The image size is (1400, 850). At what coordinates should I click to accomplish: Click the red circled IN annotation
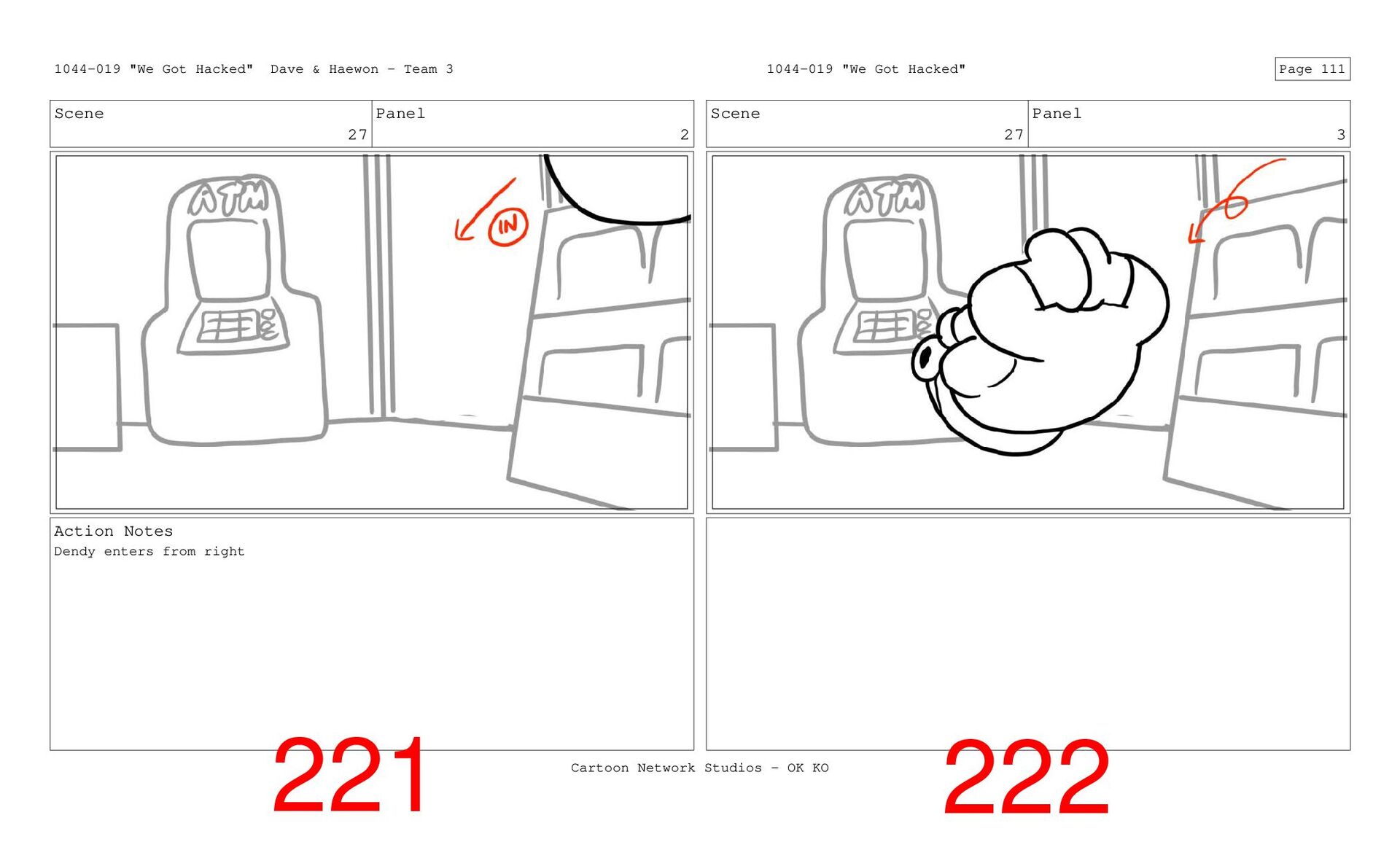(x=507, y=227)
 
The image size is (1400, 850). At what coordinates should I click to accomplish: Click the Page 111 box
(x=1312, y=69)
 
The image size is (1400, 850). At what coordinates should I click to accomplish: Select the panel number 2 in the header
(x=684, y=135)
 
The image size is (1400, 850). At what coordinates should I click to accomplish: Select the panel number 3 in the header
(x=1340, y=135)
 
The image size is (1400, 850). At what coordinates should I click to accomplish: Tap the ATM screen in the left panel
(x=229, y=259)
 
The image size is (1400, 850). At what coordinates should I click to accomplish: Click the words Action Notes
(x=114, y=531)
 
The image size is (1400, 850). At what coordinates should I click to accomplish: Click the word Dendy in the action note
(x=74, y=552)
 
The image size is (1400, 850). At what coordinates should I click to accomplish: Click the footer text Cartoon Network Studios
(x=666, y=768)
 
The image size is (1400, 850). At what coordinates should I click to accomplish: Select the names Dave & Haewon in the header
(x=324, y=69)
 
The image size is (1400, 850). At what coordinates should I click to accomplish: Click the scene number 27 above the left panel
(x=357, y=135)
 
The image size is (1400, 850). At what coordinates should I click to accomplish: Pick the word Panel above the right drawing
(x=1057, y=114)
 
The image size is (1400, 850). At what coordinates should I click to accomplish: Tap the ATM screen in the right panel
(x=885, y=259)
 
